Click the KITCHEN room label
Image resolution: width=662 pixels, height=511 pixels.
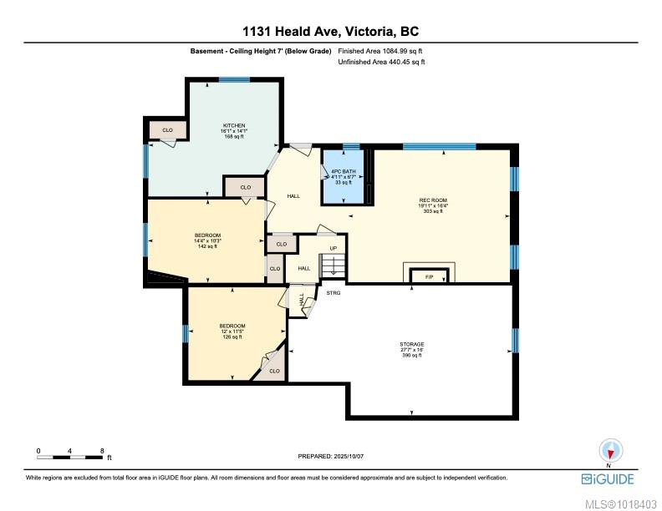tap(234, 125)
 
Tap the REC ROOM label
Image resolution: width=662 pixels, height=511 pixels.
tap(433, 200)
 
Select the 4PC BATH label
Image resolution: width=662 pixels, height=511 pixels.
tap(344, 172)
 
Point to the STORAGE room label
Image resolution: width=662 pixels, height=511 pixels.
tap(411, 345)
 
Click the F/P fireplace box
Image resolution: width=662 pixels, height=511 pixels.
tap(429, 276)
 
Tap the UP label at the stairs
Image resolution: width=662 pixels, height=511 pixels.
tap(334, 248)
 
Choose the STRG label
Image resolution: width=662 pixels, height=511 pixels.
tap(334, 292)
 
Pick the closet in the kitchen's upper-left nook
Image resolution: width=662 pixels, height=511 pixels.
tap(168, 130)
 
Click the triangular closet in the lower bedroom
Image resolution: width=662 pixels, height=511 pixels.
tap(272, 366)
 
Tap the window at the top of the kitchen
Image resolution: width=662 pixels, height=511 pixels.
tap(234, 79)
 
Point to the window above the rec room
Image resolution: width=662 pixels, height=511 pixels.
tap(439, 146)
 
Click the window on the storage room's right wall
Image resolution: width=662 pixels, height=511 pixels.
tap(515, 340)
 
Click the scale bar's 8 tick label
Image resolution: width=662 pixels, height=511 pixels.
tap(102, 451)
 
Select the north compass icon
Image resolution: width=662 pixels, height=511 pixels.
tap(610, 452)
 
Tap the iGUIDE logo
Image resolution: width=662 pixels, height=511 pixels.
tap(608, 479)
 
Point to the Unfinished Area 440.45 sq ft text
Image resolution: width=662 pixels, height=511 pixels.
tap(381, 62)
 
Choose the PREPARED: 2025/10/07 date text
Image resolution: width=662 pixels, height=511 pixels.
tap(330, 456)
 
